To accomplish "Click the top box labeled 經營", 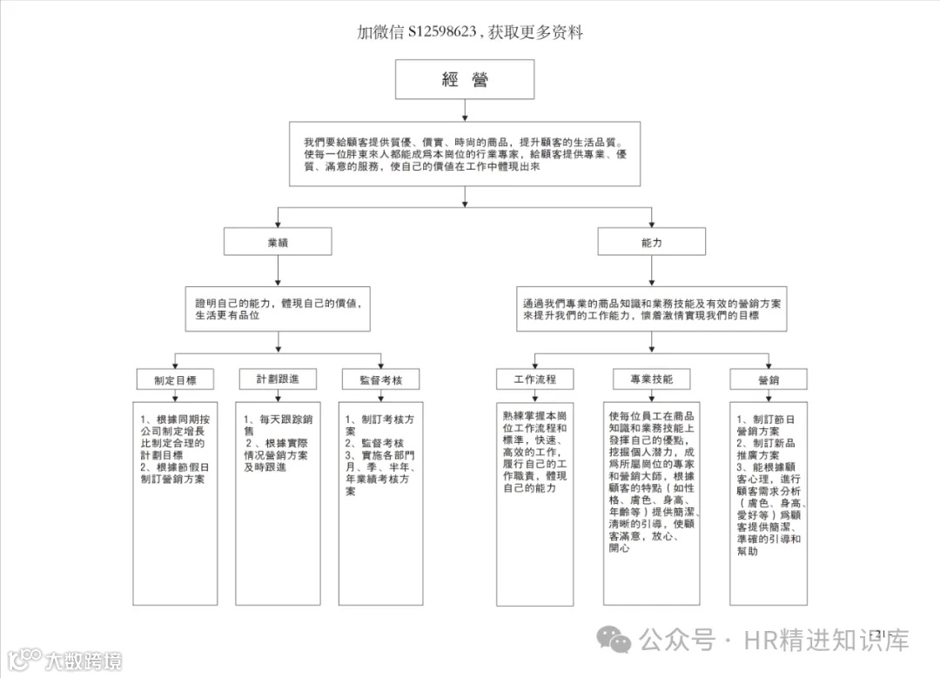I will [464, 80].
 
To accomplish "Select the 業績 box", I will [277, 242].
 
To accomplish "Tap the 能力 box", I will [651, 242].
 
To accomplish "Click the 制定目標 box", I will [175, 379].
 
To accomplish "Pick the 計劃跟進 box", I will [278, 379].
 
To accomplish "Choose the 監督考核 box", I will [379, 379].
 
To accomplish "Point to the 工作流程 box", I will [535, 379].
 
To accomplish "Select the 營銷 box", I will [768, 379].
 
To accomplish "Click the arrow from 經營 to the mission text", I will [464, 111].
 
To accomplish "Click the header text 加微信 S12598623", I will [417, 33].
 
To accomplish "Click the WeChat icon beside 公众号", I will [619, 641].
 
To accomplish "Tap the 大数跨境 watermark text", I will [84, 661].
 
